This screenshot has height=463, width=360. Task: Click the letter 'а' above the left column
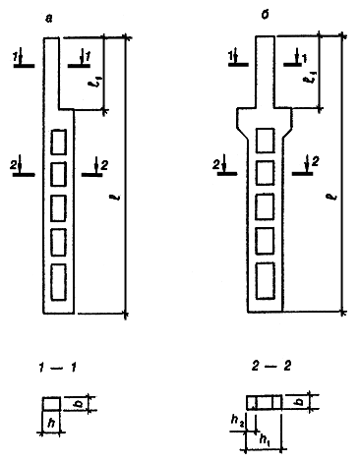(49, 20)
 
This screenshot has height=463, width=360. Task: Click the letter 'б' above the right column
(265, 15)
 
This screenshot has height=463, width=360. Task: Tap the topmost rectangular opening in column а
(58, 142)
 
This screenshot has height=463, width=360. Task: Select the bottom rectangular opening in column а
(58, 282)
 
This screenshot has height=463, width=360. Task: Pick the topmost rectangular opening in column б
(265, 141)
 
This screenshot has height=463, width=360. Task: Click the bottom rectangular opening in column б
(265, 281)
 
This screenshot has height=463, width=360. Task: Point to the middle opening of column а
(58, 208)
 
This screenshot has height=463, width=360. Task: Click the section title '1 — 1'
(58, 368)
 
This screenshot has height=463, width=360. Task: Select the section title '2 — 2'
(271, 366)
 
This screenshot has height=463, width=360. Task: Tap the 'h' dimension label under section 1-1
(51, 424)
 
